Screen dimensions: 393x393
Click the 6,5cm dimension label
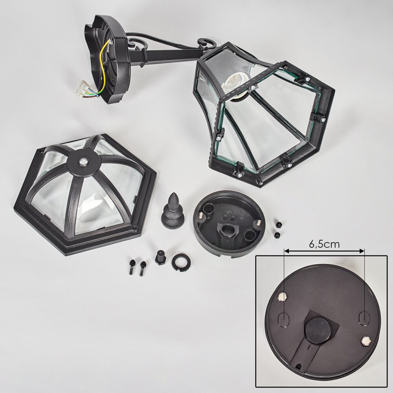coord(324,244)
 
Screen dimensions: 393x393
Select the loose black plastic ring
coord(181,262)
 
